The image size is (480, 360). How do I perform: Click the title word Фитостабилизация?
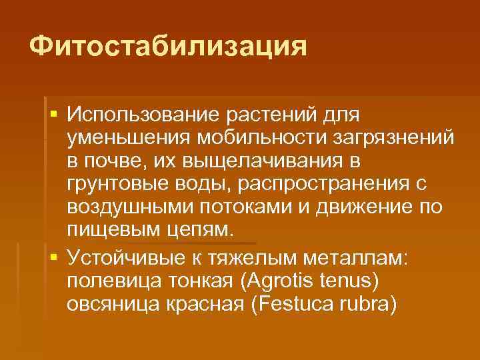coord(169,47)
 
